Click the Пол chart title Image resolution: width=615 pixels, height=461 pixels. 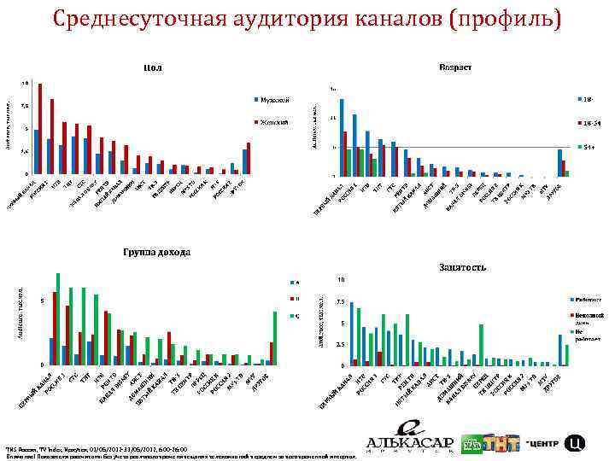pyautogui.click(x=153, y=67)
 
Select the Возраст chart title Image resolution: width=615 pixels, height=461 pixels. pyautogui.click(x=454, y=67)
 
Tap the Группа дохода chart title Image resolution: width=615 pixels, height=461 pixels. pyautogui.click(x=155, y=253)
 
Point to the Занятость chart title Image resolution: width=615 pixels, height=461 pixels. pyautogui.click(x=463, y=267)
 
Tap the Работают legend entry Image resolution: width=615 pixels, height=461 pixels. pyautogui.click(x=587, y=301)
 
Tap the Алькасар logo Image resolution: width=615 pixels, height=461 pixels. pyautogui.click(x=411, y=439)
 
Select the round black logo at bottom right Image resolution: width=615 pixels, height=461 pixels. pyautogui.click(x=577, y=443)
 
